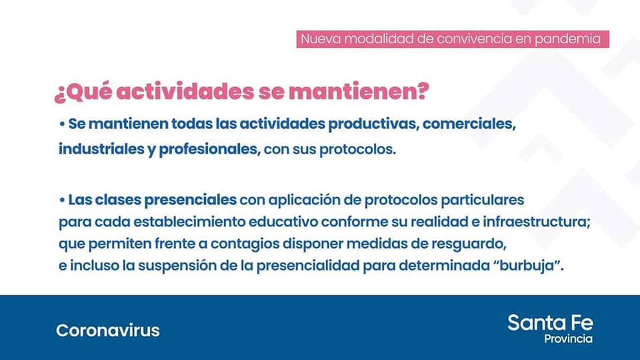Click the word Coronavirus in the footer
click(108, 330)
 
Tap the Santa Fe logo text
click(550, 323)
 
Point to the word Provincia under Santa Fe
click(568, 339)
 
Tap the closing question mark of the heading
click(423, 91)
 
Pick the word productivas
click(373, 124)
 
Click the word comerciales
click(469, 124)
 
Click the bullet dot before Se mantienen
click(62, 124)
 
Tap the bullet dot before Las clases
click(62, 201)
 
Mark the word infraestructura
click(536, 222)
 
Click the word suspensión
click(177, 266)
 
